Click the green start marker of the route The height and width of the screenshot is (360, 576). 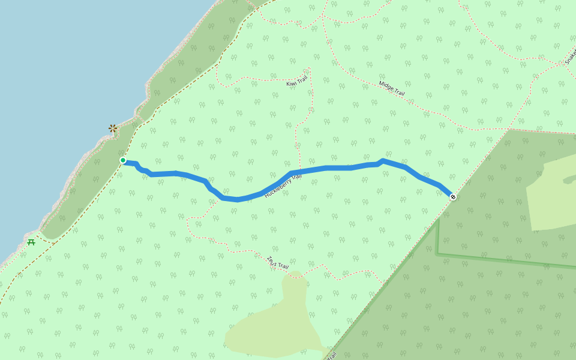(123, 160)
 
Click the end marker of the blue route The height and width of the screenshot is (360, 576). (453, 197)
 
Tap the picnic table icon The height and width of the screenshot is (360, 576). (31, 242)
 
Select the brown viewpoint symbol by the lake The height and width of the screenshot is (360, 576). (113, 128)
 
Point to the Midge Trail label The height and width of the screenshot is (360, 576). (392, 89)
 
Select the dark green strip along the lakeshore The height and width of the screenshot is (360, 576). (180, 72)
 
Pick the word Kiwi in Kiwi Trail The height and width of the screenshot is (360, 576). (292, 83)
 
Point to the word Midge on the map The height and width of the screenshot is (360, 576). (386, 86)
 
